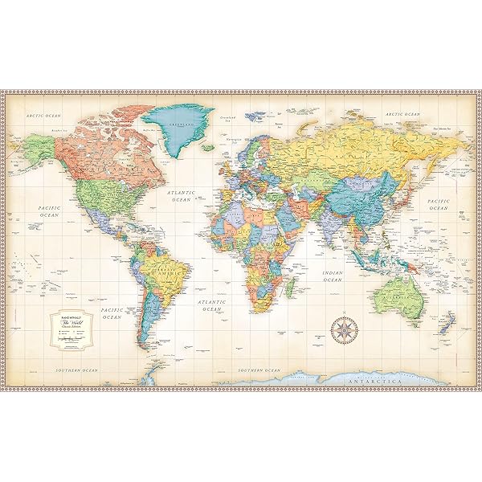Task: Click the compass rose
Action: (344, 329)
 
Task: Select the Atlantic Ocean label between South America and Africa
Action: (211, 304)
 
